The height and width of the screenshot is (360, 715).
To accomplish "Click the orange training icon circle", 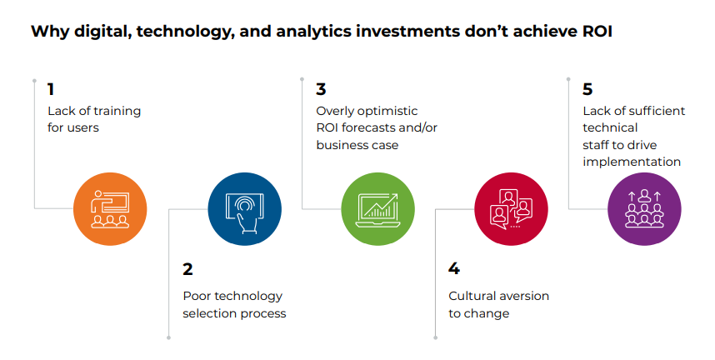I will (x=110, y=207).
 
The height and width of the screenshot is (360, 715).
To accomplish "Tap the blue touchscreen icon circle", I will (x=244, y=207).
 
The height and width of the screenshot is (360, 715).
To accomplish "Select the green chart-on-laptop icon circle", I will (x=377, y=207).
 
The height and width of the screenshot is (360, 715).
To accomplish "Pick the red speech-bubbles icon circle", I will (x=511, y=207).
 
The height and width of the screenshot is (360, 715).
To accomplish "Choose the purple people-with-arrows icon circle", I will (x=644, y=207).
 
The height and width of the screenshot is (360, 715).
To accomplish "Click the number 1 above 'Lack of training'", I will (x=51, y=89).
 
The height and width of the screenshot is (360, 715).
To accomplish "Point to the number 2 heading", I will (x=187, y=269).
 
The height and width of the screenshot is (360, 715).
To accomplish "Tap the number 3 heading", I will (x=321, y=89).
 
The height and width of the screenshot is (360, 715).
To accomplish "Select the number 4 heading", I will (x=454, y=269).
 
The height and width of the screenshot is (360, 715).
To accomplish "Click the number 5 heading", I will (x=587, y=89).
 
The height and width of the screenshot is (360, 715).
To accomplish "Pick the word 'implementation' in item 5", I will (x=632, y=162).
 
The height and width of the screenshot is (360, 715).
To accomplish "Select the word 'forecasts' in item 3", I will (x=372, y=127).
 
